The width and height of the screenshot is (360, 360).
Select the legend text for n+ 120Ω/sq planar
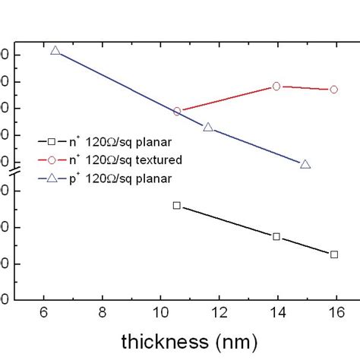[125, 141]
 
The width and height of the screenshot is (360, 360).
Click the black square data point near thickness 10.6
[177, 205]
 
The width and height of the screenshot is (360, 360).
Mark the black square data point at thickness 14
[276, 237]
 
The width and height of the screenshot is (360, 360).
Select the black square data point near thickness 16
[334, 254]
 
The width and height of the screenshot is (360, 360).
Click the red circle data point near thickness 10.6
[177, 111]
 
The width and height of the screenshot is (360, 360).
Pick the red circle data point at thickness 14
[276, 87]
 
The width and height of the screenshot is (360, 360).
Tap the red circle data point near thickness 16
[334, 90]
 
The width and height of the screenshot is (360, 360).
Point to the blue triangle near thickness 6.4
[55, 50]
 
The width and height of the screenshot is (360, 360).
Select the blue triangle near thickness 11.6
[208, 127]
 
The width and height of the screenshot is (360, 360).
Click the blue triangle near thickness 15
[305, 164]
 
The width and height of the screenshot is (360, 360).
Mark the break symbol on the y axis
[17, 175]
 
